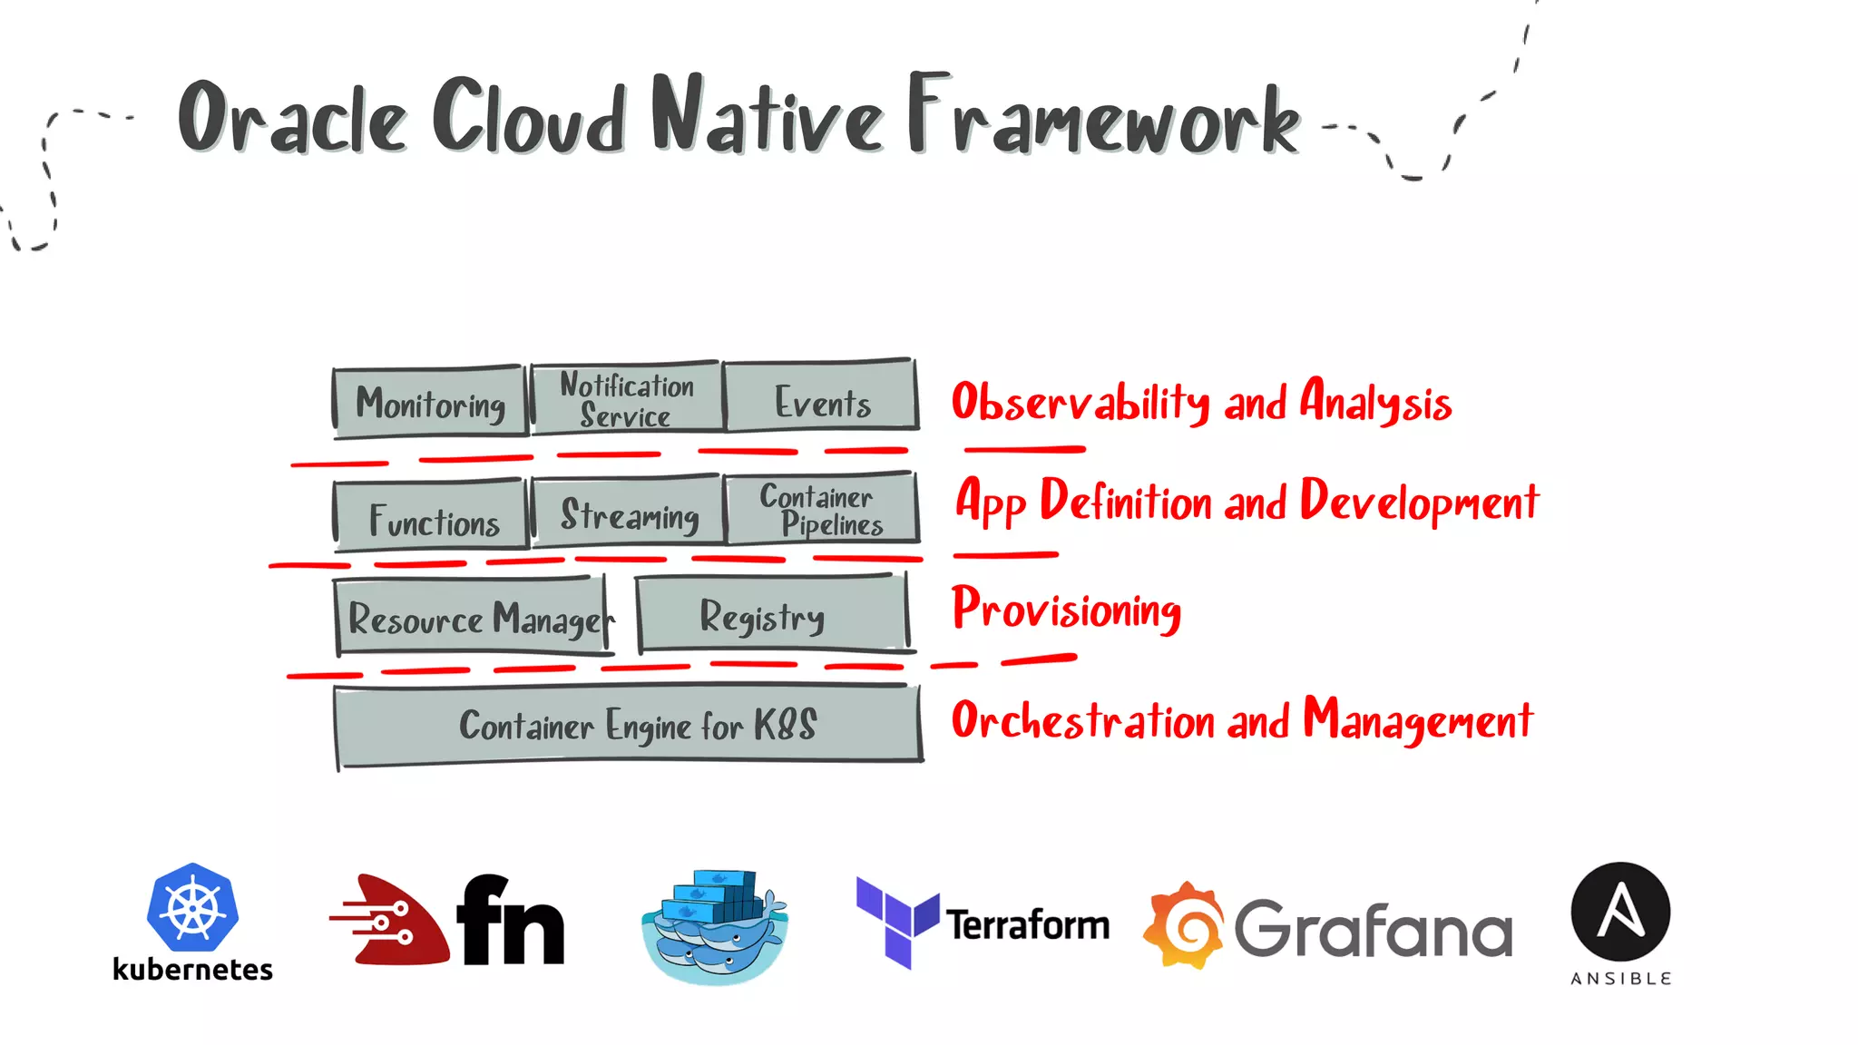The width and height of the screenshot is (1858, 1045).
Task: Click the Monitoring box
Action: pyautogui.click(x=430, y=402)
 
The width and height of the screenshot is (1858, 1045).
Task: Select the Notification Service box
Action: pyautogui.click(x=627, y=398)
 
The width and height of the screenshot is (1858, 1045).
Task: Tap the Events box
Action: pyautogui.click(x=821, y=396)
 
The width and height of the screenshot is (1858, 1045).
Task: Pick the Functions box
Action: pyautogui.click(x=432, y=517)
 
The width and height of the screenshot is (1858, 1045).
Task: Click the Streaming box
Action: pyautogui.click(x=629, y=513)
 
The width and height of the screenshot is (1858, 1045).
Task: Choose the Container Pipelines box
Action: pyautogui.click(x=821, y=510)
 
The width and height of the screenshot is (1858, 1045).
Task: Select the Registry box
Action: pyautogui.click(x=771, y=614)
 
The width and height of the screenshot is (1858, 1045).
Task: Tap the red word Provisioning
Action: pyautogui.click(x=1066, y=609)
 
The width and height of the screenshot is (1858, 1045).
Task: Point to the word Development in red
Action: pyautogui.click(x=1419, y=501)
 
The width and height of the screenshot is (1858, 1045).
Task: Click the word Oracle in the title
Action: pyautogui.click(x=291, y=118)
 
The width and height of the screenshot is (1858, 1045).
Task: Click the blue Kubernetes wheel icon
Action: pyautogui.click(x=192, y=908)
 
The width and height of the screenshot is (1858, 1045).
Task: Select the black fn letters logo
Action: pyautogui.click(x=511, y=921)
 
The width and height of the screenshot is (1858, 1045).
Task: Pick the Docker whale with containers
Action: pyautogui.click(x=715, y=925)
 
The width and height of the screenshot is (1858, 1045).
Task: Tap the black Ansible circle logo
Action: pyautogui.click(x=1620, y=912)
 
